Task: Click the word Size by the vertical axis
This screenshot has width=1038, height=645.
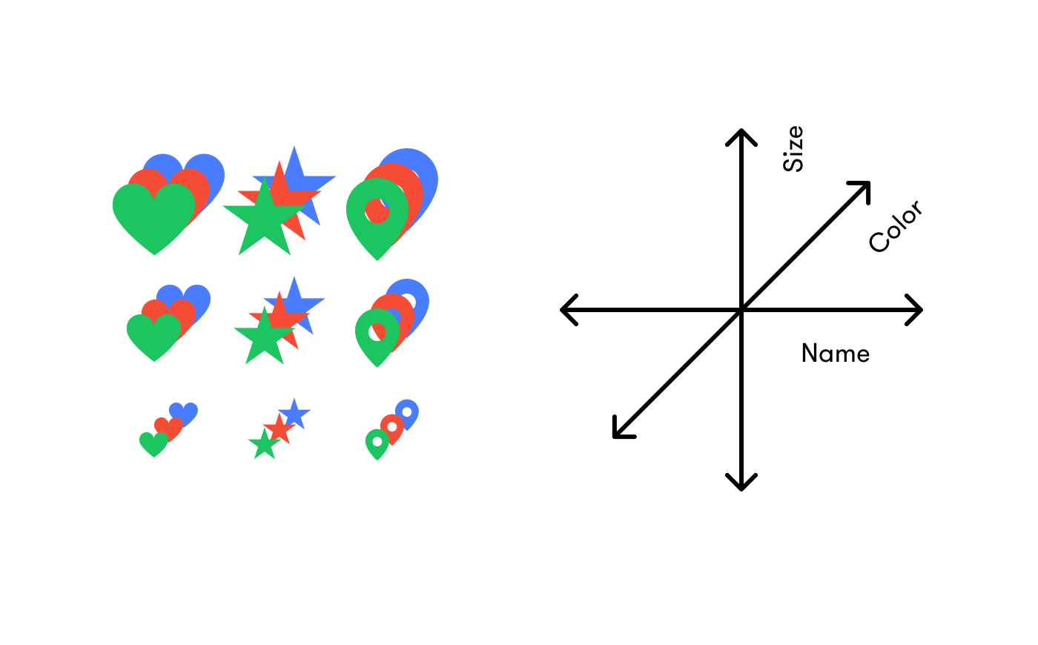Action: point(793,149)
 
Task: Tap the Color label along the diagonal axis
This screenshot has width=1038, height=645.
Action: point(896,226)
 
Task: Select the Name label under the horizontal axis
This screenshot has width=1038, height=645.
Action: point(835,354)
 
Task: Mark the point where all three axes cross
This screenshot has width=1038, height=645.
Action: point(741,310)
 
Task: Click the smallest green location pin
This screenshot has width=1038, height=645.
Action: point(377,445)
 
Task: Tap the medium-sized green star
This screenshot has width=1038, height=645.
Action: point(263,338)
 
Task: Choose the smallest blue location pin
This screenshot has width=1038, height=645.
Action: point(407,413)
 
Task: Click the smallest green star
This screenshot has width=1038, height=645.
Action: point(264,446)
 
